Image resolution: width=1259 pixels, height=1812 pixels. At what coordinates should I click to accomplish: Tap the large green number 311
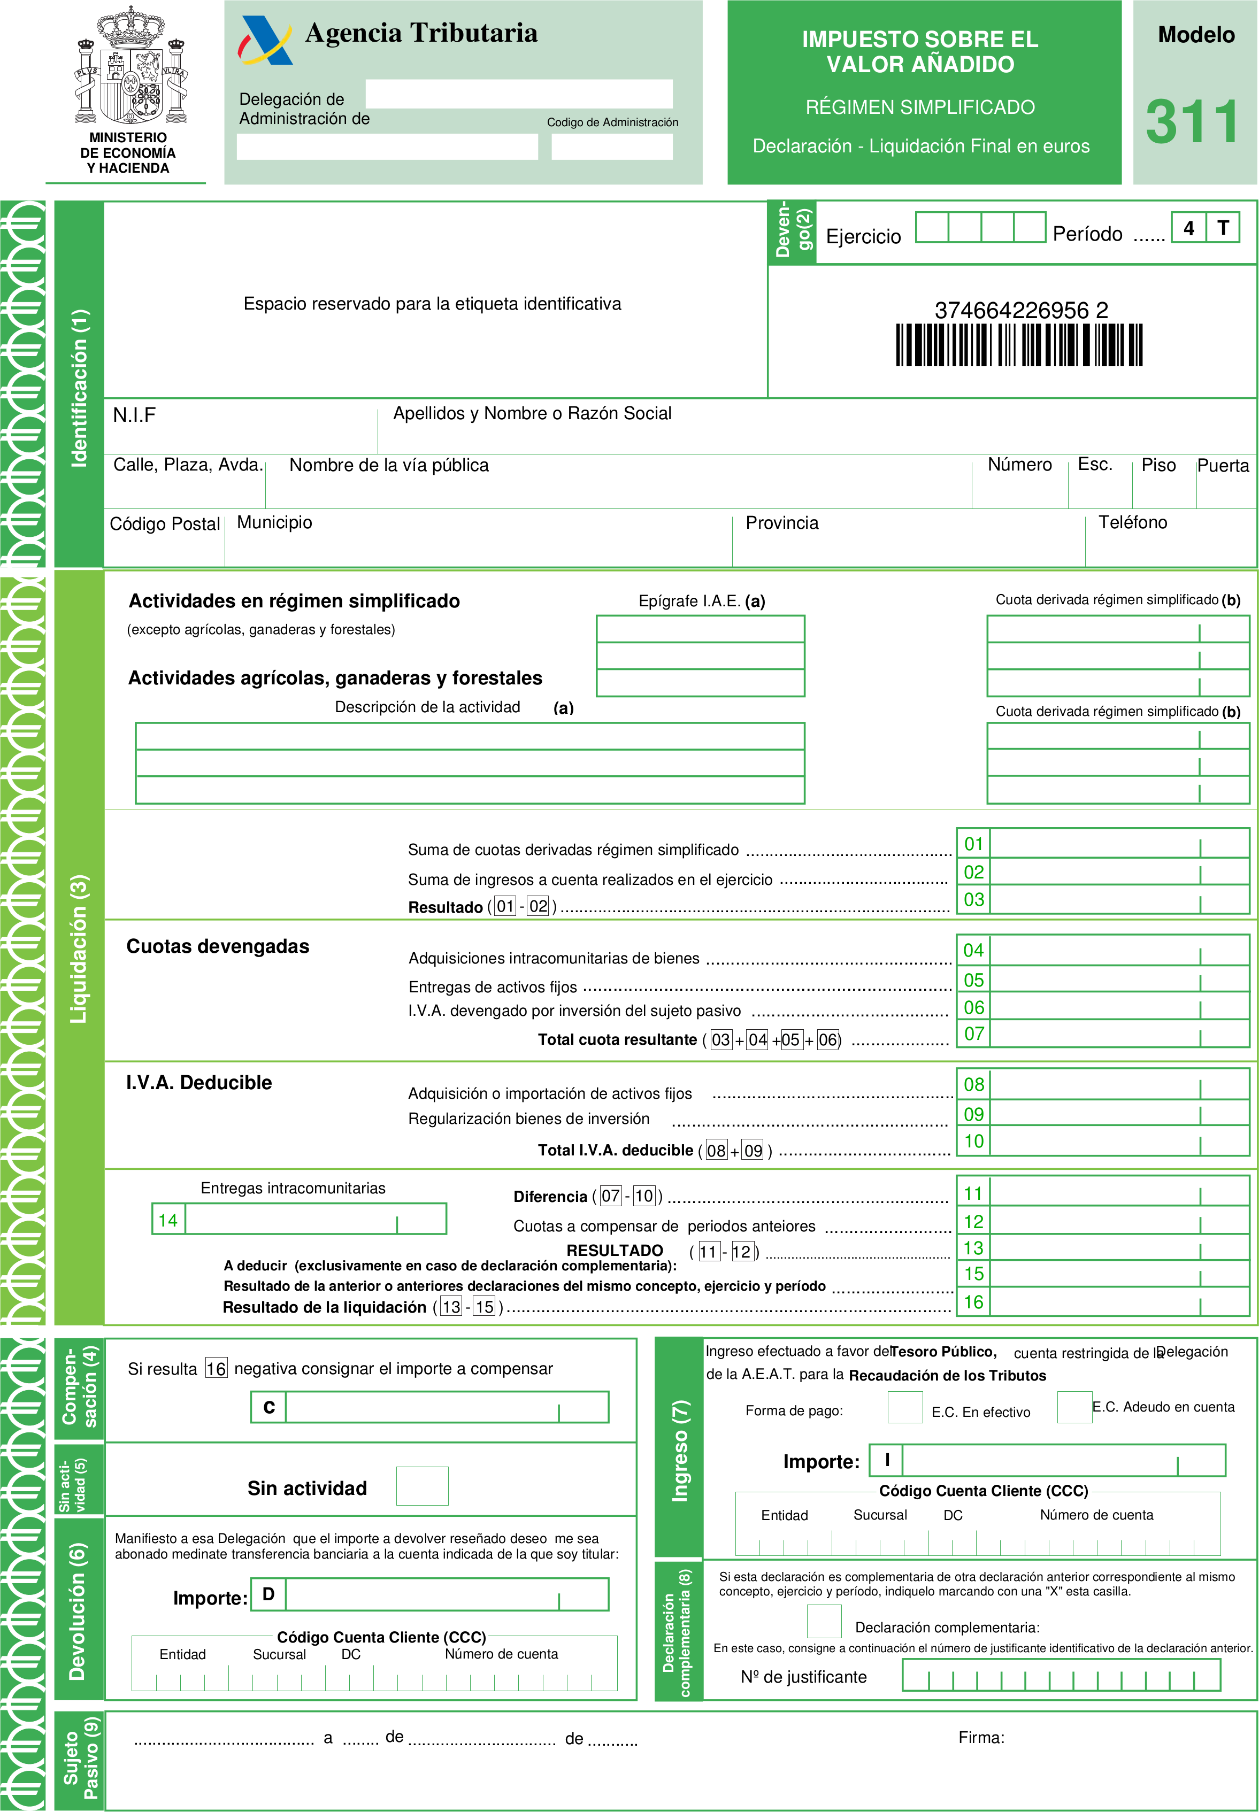pos(1192,122)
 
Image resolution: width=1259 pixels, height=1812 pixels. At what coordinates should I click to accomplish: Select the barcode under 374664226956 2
pos(1018,345)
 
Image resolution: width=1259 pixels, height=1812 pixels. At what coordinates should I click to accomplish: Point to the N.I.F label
pos(134,415)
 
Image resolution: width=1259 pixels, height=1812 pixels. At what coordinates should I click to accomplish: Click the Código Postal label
pos(164,525)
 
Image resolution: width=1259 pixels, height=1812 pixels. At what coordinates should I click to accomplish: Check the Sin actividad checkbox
pos(422,1486)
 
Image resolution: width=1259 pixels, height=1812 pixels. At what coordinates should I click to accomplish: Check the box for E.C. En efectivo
pos(905,1407)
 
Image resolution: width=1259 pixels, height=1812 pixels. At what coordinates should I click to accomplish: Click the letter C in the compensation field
pos(269,1407)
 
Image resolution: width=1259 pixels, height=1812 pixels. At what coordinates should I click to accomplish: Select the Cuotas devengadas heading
pos(218,947)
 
